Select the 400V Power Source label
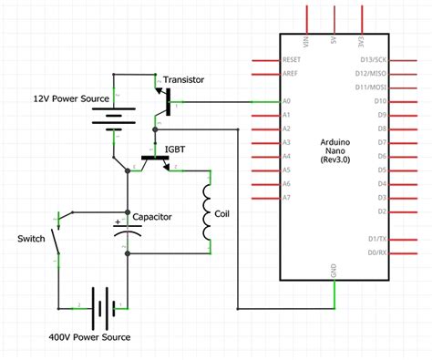click(x=89, y=337)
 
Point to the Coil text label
click(x=221, y=215)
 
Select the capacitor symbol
click(x=128, y=228)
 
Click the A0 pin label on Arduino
click(x=288, y=102)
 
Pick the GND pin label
click(x=336, y=269)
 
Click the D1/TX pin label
click(x=376, y=239)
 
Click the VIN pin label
click(x=307, y=42)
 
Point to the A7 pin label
click(x=288, y=198)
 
